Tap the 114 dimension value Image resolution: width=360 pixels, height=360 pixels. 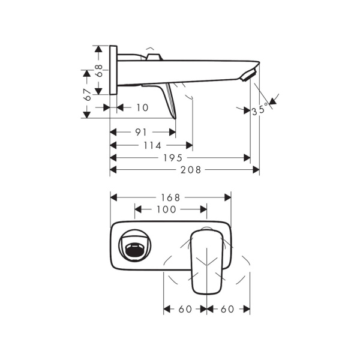(x=152, y=145)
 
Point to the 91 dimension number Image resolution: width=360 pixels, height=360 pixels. (x=142, y=132)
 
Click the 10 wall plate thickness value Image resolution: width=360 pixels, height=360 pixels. (x=142, y=107)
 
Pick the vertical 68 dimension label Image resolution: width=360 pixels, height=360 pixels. (x=100, y=71)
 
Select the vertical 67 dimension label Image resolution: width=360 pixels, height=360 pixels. (x=88, y=94)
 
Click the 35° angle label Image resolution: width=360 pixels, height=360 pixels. (x=260, y=110)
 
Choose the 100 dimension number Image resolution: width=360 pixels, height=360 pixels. (x=166, y=209)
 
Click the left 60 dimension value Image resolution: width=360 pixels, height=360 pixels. (x=185, y=309)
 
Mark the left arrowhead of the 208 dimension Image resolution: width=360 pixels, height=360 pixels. (x=113, y=170)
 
